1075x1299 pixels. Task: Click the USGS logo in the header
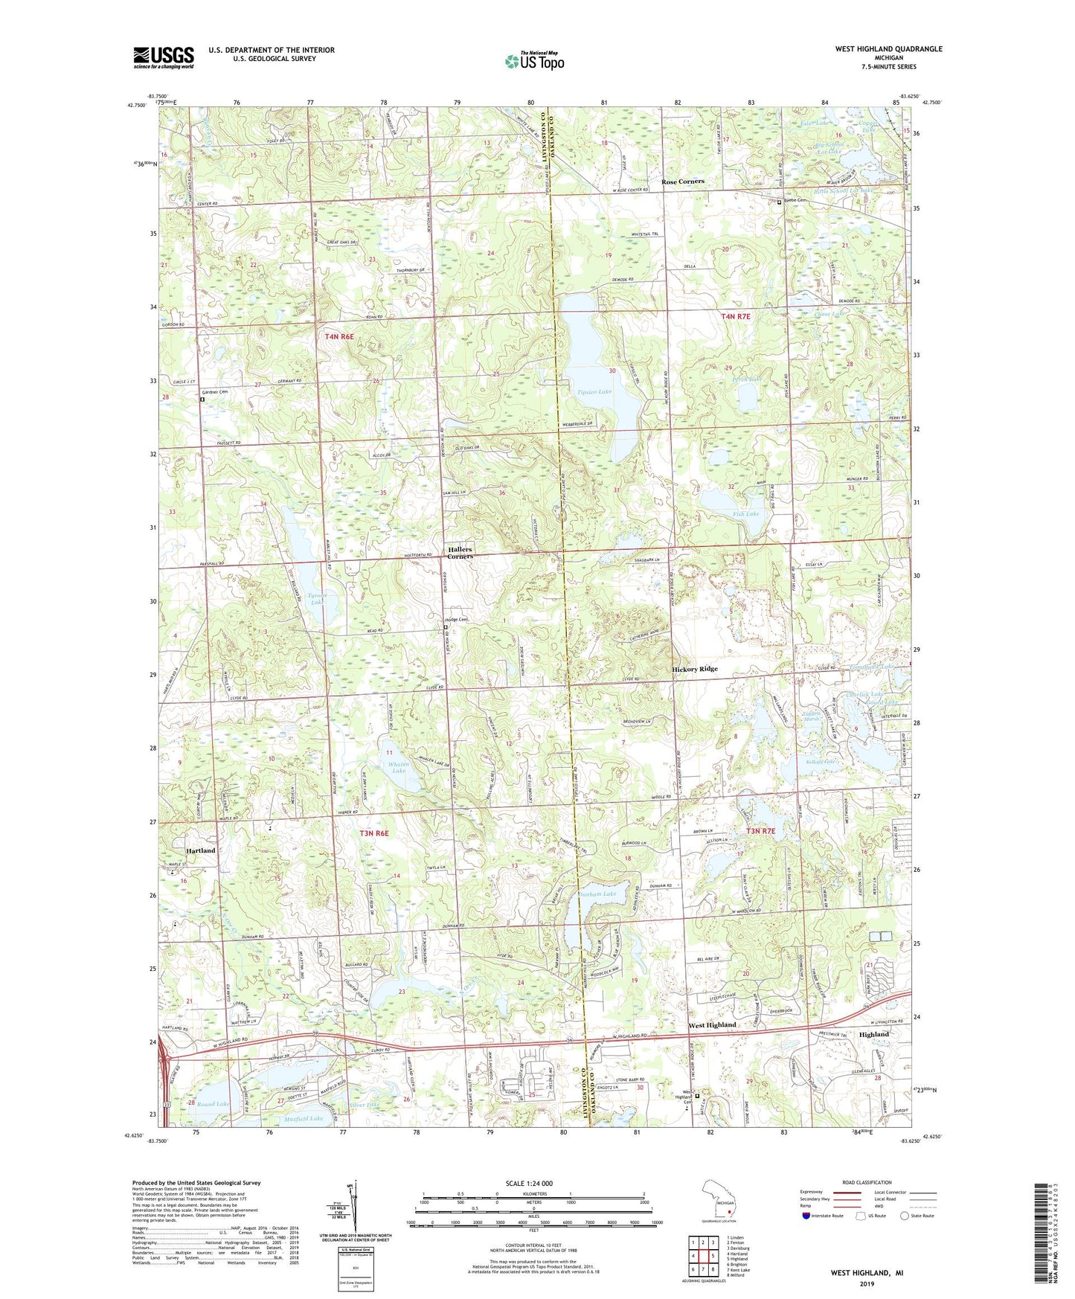coord(163,57)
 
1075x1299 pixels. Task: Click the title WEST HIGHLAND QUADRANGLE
coord(888,49)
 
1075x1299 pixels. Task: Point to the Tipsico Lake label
coord(594,391)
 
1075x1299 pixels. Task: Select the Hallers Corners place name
coord(460,553)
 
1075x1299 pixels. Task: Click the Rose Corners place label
coord(682,182)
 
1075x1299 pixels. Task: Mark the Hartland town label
coord(200,850)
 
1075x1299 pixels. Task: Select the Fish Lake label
coord(745,514)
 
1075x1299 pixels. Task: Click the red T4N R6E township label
coord(339,337)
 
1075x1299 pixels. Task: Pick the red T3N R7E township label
coord(760,831)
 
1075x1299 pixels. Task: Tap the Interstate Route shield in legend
coord(806,1216)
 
